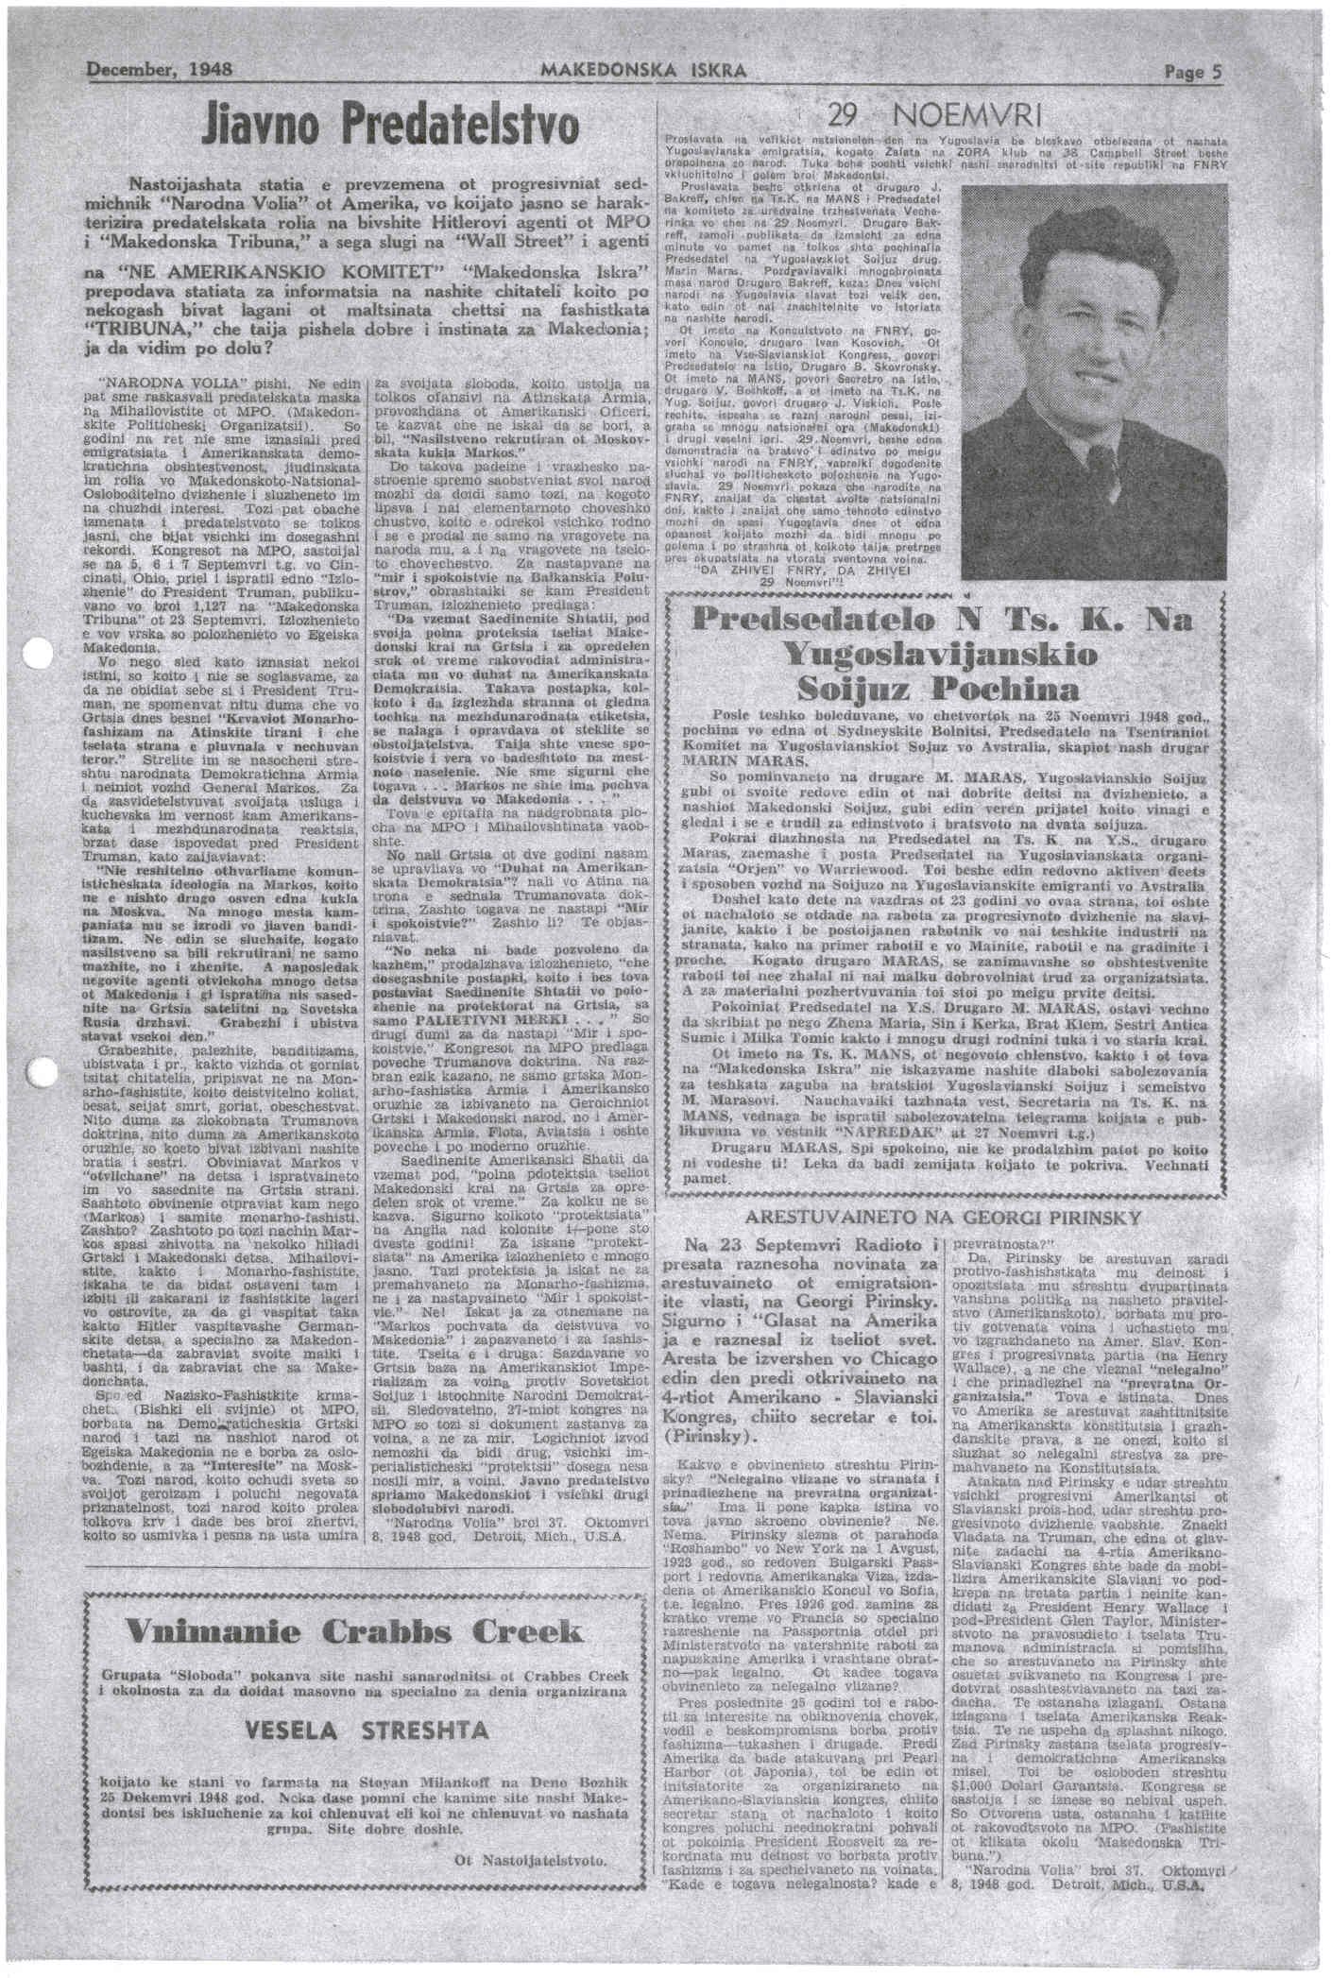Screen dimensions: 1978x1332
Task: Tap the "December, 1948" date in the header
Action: click(x=161, y=71)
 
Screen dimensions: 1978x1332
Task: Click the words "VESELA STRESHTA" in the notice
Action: click(x=367, y=1731)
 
